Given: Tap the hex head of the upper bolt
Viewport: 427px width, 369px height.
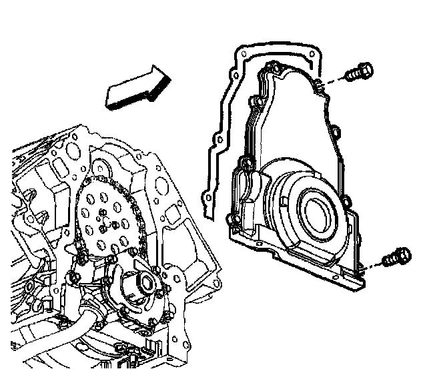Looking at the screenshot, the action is tap(364, 69).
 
